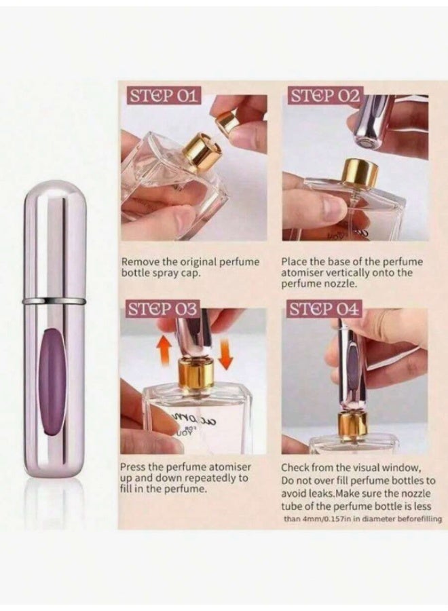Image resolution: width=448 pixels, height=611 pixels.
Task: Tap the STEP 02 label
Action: tap(324, 95)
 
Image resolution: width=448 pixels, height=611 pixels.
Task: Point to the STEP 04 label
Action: tap(324, 310)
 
